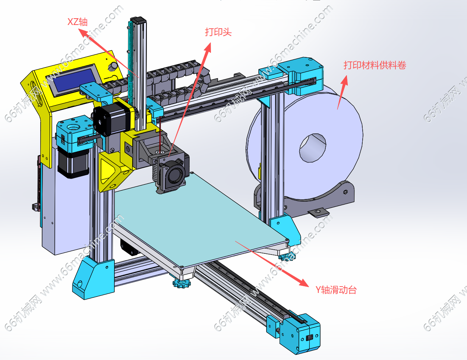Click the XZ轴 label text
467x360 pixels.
(78, 22)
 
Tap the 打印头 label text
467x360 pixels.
(218, 32)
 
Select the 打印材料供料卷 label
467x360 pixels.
(375, 65)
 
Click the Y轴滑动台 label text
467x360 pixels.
(336, 290)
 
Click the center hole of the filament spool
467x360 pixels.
(312, 148)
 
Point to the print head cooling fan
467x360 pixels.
(174, 173)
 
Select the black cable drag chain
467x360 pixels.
(175, 80)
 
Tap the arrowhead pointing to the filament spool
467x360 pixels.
(345, 80)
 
